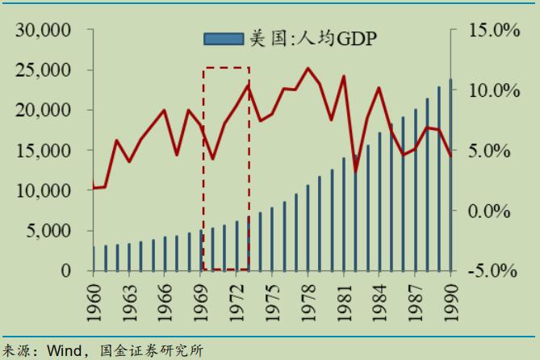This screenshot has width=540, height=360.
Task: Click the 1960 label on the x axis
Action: tap(94, 298)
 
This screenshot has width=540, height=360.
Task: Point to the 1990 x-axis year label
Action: tap(450, 298)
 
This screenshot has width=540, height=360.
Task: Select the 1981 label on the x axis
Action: tap(343, 298)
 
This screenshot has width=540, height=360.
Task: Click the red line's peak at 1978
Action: tap(308, 69)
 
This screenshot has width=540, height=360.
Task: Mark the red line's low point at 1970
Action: tap(212, 158)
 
